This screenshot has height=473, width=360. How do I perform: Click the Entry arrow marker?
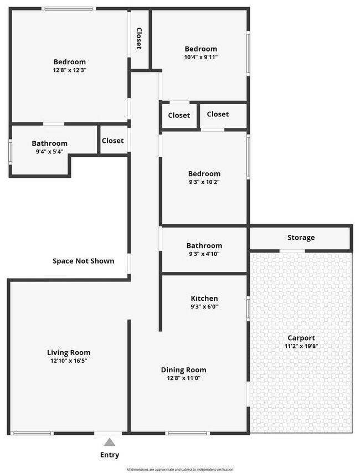click(x=110, y=442)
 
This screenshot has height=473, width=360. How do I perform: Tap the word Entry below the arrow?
click(x=110, y=455)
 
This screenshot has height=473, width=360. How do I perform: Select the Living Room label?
click(x=69, y=352)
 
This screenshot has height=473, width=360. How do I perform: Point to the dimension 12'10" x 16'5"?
click(x=69, y=361)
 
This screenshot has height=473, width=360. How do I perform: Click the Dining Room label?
click(x=183, y=370)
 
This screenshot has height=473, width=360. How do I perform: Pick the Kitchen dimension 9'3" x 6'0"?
click(x=204, y=306)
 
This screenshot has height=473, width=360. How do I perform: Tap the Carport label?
click(x=301, y=338)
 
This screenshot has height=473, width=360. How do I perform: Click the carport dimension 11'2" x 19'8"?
click(x=301, y=346)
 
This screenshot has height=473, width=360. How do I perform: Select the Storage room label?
click(x=301, y=238)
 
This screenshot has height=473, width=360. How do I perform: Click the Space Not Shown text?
click(x=83, y=261)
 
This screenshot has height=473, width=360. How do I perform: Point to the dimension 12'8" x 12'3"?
click(x=69, y=70)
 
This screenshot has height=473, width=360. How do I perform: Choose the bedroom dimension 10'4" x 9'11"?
click(x=200, y=57)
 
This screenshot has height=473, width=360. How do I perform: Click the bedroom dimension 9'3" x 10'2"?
click(x=204, y=182)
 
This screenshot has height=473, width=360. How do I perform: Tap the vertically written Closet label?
click(x=139, y=39)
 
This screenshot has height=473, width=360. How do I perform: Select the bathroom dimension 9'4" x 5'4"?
click(x=49, y=151)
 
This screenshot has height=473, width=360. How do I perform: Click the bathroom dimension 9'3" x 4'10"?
click(x=204, y=254)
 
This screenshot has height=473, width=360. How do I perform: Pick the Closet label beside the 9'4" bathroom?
click(x=112, y=141)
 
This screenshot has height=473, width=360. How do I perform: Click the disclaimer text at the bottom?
click(x=179, y=469)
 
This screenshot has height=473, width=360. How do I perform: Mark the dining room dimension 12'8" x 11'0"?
click(x=183, y=378)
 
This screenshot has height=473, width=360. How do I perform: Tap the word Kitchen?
click(x=204, y=298)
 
